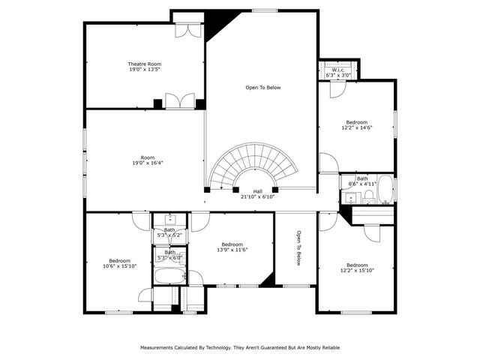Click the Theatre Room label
(144, 64)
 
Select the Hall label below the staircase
(257, 191)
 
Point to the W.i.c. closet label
(334, 70)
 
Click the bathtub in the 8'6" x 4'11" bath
(385, 190)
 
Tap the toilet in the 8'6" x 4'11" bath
(369, 196)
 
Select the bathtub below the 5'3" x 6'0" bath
(168, 275)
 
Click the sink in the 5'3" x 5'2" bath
(169, 220)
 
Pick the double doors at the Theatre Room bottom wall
(180, 102)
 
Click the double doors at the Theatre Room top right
(185, 30)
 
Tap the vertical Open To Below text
(298, 247)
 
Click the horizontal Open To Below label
(262, 88)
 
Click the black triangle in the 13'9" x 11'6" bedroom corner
(266, 280)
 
